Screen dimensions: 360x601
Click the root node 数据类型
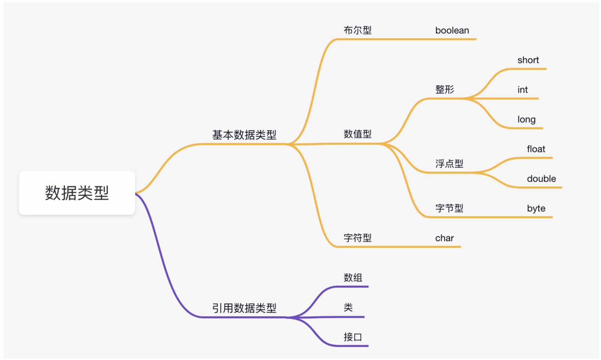point(77,193)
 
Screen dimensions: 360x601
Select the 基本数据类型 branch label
point(244,135)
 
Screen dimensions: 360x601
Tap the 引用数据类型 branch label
point(244,308)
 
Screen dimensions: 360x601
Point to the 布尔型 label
point(358,30)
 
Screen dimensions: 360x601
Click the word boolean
point(452,30)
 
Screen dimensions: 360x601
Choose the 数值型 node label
point(358,134)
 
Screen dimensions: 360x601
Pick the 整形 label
point(445,89)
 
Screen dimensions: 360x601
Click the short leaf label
point(528,60)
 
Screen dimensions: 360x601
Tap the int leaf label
point(522,90)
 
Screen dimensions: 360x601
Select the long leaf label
point(526,120)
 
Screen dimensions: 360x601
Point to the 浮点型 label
point(449,164)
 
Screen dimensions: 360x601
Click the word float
point(536,149)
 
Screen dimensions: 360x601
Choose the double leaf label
point(541,179)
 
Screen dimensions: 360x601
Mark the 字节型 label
point(449,208)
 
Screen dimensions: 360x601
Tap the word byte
point(536,209)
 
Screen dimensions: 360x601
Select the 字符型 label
point(358,238)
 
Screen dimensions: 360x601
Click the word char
point(445,238)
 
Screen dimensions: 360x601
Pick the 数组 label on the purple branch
point(353,278)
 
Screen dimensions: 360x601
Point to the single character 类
point(348,307)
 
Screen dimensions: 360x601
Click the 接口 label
point(353,337)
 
